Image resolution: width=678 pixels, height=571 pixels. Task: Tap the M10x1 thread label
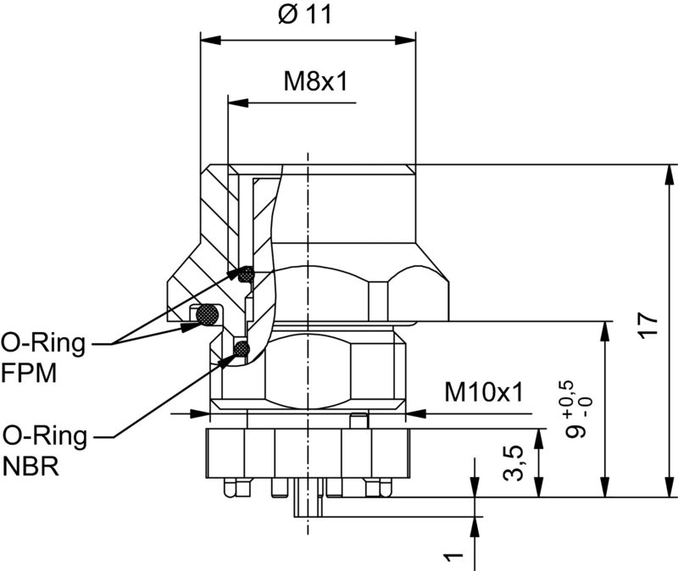coord(484,392)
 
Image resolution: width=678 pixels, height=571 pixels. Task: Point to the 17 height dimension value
coord(648,326)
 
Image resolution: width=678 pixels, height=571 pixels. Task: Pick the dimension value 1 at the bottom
coord(456,557)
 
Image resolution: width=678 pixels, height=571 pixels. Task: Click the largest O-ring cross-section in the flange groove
coord(207,315)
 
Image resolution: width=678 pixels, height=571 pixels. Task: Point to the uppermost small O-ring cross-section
coord(246,274)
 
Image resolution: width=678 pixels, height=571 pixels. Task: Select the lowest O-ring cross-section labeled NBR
coord(241,347)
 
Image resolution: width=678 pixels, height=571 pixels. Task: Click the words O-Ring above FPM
coord(43,343)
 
